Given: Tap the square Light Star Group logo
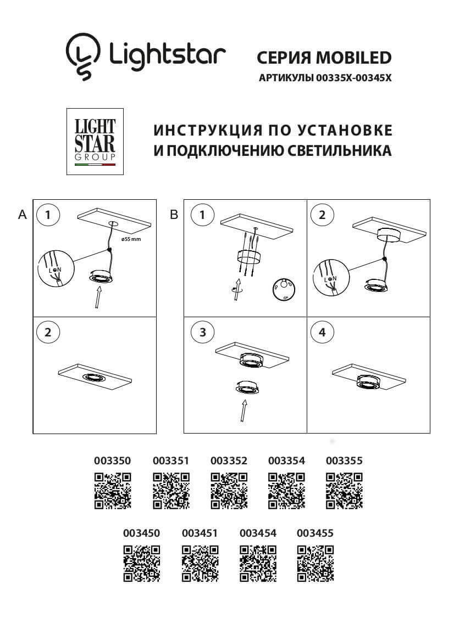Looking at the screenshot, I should [x=95, y=142].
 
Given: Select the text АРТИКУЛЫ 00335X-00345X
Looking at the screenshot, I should [x=324, y=78].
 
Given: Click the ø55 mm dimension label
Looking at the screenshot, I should [x=131, y=240].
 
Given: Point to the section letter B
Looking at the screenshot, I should [x=174, y=215].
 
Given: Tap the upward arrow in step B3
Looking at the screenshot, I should [x=242, y=411].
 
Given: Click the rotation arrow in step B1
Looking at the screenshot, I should [x=237, y=289].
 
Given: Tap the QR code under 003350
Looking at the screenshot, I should [x=113, y=490].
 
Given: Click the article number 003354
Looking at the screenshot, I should [x=286, y=460].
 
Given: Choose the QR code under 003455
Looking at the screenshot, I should [x=315, y=563].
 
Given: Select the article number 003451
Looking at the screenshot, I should [x=200, y=533].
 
